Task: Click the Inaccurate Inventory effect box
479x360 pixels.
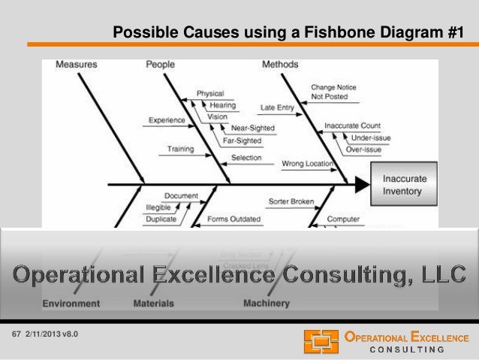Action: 405,185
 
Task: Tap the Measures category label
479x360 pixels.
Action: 76,65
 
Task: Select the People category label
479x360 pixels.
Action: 160,65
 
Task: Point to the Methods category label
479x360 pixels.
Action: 280,65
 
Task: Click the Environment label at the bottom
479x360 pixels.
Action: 71,304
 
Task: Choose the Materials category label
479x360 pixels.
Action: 153,304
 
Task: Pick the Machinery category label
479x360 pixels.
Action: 266,304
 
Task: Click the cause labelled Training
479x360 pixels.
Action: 180,149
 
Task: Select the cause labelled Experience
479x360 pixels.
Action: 167,119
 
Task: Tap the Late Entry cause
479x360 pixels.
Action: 277,107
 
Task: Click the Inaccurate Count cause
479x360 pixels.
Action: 352,126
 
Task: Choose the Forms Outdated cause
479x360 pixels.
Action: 234,219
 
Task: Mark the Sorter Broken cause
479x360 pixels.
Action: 291,201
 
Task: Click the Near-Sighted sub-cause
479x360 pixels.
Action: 252,129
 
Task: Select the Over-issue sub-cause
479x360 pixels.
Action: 363,150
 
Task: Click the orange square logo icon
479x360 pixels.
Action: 321,341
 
